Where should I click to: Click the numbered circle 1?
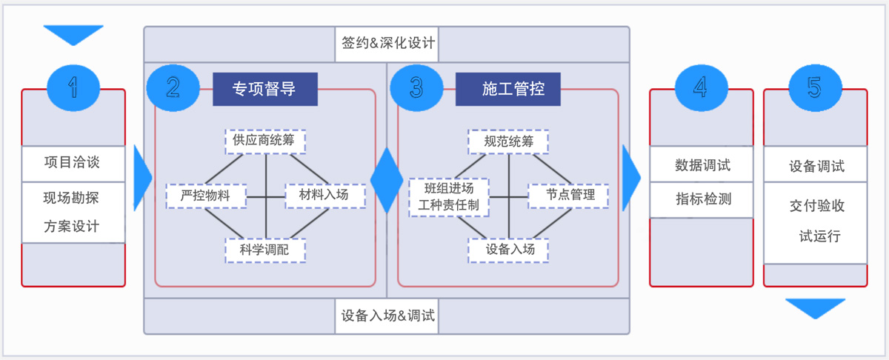click(x=73, y=88)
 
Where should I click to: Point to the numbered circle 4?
click(x=700, y=88)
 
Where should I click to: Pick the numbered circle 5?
click(x=814, y=88)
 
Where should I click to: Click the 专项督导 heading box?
click(x=264, y=89)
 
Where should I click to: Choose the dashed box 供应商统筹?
click(x=265, y=139)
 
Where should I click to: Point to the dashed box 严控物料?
click(x=205, y=196)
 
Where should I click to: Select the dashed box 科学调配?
click(x=264, y=250)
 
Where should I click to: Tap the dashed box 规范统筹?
click(x=508, y=141)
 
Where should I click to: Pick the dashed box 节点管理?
click(x=568, y=195)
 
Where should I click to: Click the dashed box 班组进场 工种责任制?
click(x=449, y=196)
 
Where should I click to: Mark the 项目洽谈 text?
click(x=72, y=163)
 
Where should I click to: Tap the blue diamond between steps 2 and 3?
click(x=387, y=179)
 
